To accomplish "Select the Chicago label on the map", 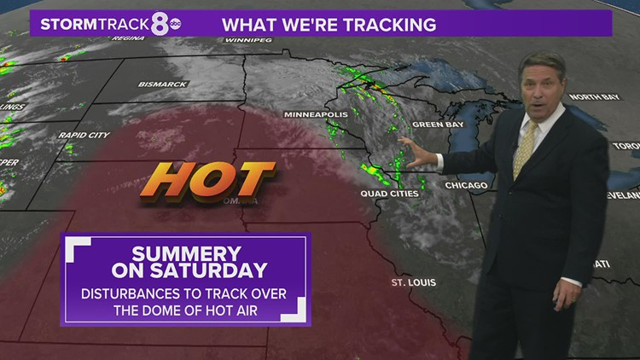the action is [x=466, y=185].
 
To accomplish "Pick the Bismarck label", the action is [x=163, y=84].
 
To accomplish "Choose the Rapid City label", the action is [x=83, y=135].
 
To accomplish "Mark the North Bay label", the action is [x=589, y=96].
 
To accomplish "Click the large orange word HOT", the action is [x=207, y=180].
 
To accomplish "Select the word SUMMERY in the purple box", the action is [x=186, y=253].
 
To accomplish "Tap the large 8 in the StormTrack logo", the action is [x=160, y=24].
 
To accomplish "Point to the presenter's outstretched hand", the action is [x=418, y=155].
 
